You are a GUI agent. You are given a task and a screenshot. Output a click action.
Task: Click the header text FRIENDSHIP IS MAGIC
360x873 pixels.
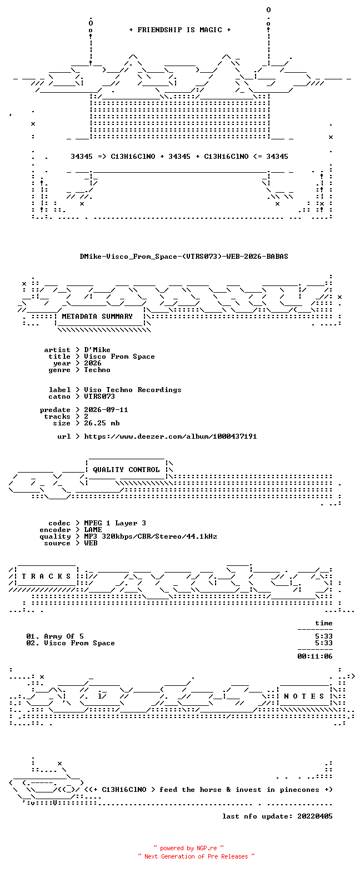point(180,30)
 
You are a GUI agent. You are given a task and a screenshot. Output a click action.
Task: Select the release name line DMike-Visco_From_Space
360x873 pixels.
point(184,257)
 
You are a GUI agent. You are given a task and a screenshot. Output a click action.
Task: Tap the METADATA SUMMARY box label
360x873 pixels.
point(97,317)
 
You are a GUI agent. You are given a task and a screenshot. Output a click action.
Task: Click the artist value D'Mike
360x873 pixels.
point(97,350)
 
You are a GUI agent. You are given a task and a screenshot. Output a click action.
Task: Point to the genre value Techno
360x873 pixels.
point(97,370)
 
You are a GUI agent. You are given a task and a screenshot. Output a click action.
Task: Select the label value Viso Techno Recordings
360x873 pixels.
point(133,390)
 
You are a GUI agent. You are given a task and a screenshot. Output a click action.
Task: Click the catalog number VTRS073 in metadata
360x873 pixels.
point(99,397)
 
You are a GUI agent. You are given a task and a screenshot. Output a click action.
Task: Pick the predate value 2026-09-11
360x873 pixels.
point(106,410)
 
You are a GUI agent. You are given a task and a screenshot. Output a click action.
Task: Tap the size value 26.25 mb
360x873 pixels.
point(102,423)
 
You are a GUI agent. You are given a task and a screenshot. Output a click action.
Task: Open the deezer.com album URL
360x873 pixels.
point(171,436)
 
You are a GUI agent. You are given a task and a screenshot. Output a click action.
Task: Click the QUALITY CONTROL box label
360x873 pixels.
point(126,470)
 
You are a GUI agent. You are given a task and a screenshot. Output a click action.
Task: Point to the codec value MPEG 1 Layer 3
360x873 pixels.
point(115,523)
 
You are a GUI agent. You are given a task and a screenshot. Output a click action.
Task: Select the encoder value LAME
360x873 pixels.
point(93,530)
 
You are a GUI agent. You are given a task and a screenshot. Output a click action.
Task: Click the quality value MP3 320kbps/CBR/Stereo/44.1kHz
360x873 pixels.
point(151,536)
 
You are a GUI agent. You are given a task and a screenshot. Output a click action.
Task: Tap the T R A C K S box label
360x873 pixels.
point(47,576)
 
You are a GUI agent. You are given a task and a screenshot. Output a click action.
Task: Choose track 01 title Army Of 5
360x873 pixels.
point(64,636)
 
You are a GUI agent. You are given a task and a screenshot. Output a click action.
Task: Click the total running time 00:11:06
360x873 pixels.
point(315,656)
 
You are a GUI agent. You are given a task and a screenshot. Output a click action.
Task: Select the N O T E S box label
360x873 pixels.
point(304,696)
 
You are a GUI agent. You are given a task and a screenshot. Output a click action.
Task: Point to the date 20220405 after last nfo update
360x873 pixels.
point(315,816)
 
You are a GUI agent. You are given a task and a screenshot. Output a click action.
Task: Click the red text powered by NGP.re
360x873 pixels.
point(188,848)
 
